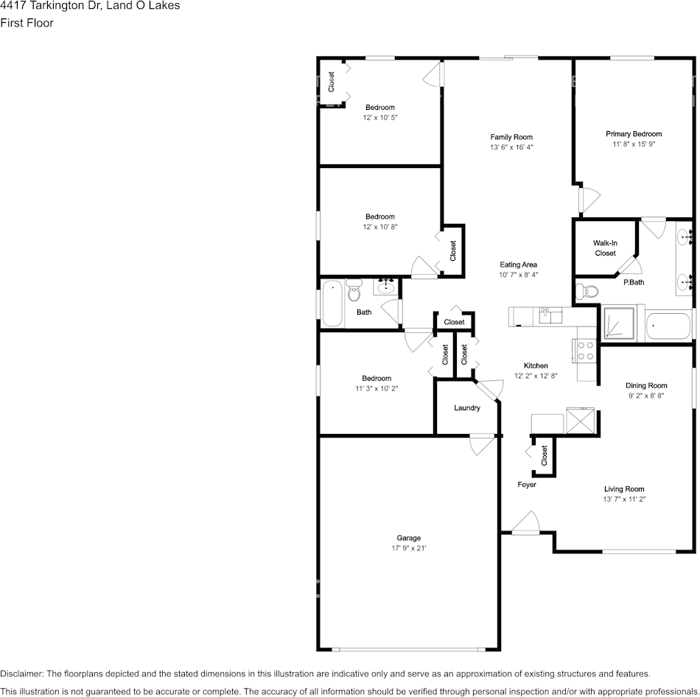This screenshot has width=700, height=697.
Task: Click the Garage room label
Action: pyautogui.click(x=408, y=538)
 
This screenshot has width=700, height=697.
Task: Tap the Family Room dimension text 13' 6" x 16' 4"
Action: pyautogui.click(x=511, y=147)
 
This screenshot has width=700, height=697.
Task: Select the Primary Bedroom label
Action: pyautogui.click(x=634, y=134)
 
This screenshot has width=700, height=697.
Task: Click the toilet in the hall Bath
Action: pyautogui.click(x=354, y=292)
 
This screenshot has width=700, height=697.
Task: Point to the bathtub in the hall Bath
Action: pyautogui.click(x=332, y=304)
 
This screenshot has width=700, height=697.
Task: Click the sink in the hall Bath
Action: pyautogui.click(x=385, y=287)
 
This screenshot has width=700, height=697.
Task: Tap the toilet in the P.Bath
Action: pyautogui.click(x=587, y=292)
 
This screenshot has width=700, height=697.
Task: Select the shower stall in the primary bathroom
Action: pyautogui.click(x=620, y=323)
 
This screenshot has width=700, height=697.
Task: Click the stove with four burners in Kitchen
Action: pyautogui.click(x=586, y=350)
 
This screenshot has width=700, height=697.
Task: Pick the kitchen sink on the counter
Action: pyautogui.click(x=548, y=316)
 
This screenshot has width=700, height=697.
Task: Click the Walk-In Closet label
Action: pyautogui.click(x=605, y=248)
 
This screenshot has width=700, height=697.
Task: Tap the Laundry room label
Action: pyautogui.click(x=467, y=408)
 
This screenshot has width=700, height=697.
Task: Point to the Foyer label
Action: pyautogui.click(x=526, y=485)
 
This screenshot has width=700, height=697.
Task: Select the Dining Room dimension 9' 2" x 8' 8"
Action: pyautogui.click(x=646, y=396)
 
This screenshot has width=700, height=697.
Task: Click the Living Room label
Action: pyautogui.click(x=624, y=489)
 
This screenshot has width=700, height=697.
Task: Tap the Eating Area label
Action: pyautogui.click(x=518, y=265)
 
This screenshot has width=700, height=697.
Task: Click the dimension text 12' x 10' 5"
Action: pyautogui.click(x=379, y=118)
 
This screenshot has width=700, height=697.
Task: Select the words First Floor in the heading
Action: pyautogui.click(x=27, y=23)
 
